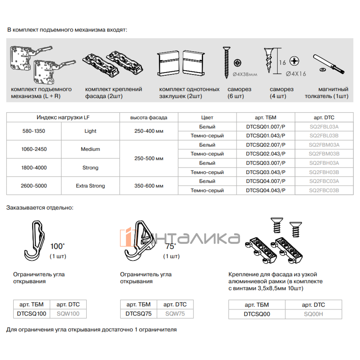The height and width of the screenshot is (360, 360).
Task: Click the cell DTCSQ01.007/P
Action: pyautogui.click(x=265, y=127)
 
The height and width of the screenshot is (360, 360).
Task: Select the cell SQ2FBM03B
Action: pyautogui.click(x=324, y=154)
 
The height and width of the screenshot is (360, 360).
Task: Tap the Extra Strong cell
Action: pyautogui.click(x=90, y=186)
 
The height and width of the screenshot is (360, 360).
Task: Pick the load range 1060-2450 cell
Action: pyautogui.click(x=34, y=149)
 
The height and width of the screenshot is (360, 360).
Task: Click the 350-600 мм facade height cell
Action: pyautogui.click(x=149, y=186)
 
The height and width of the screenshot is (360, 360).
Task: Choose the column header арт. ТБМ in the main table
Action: pyautogui.click(x=265, y=118)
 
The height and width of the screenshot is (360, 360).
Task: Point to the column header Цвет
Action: pyautogui.click(x=207, y=118)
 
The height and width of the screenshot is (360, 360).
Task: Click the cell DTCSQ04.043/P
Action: pyautogui.click(x=265, y=190)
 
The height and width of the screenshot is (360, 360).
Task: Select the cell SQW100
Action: pyautogui.click(x=68, y=314)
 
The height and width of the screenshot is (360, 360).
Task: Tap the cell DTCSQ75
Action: pyautogui.click(x=138, y=314)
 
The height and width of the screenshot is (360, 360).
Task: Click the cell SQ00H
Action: pyautogui.click(x=313, y=314)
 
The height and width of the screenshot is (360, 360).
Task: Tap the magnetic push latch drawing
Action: pyautogui.click(x=329, y=64)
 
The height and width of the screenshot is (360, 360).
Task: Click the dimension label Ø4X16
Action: pyautogui.click(x=296, y=74)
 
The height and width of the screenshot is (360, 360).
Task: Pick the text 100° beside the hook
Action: pyautogui.click(x=57, y=246)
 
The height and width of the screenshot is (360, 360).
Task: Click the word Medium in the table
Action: pyautogui.click(x=90, y=149)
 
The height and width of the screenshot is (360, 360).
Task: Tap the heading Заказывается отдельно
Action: pyautogui.click(x=40, y=208)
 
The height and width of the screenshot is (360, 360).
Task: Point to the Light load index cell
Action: pyautogui.click(x=90, y=131)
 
